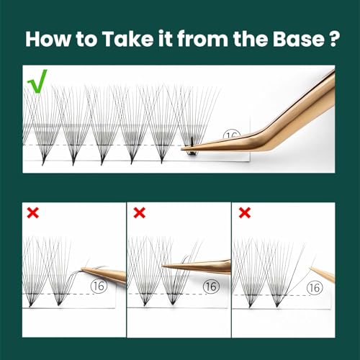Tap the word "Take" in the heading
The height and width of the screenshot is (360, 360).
click(127, 39)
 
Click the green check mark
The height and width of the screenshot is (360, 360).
click(37, 81)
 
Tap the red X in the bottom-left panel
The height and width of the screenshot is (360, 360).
click(33, 213)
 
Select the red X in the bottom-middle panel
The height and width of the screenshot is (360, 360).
click(139, 213)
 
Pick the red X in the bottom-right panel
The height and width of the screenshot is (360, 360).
click(245, 213)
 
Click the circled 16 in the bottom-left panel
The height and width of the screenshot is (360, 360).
click(99, 286)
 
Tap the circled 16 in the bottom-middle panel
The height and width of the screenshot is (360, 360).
click(211, 287)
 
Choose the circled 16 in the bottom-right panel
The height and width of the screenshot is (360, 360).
click(315, 287)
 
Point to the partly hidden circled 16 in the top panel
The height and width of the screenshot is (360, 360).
click(232, 135)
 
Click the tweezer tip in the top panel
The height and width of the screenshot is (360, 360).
click(182, 149)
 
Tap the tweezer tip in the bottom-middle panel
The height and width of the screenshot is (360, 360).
click(163, 266)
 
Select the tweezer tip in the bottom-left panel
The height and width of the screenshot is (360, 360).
click(82, 269)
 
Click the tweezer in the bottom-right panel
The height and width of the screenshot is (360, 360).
click(323, 274)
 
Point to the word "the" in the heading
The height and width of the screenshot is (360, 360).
click(250, 39)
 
